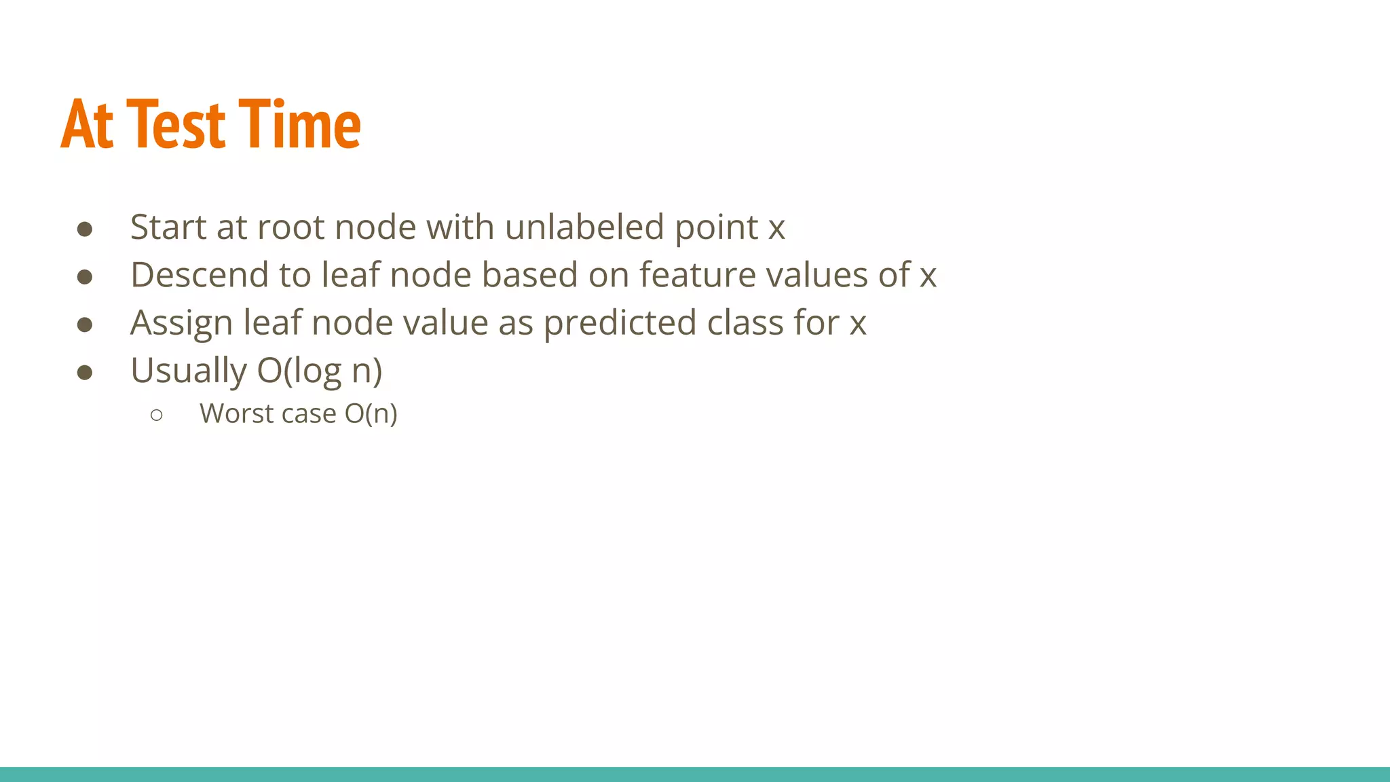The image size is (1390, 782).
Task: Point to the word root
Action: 291,228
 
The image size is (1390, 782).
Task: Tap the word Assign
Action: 181,323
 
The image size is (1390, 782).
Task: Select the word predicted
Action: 620,323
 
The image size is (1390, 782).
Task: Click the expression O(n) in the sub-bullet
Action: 371,414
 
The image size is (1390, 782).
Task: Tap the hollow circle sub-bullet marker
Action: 157,415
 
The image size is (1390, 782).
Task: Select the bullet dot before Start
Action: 85,229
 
